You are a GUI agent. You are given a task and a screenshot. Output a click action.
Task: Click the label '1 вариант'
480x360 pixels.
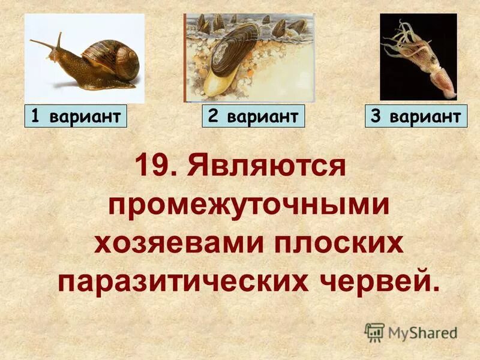coord(76,116)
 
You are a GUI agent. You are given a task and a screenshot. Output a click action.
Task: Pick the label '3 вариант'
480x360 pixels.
coord(416,116)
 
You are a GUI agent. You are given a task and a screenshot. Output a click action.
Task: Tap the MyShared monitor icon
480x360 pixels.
coord(374,332)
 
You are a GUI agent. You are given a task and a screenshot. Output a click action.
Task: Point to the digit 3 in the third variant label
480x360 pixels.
coord(376,116)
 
